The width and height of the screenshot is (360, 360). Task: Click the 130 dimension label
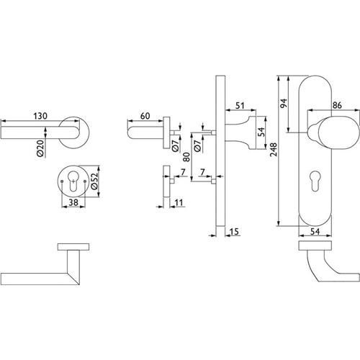click(x=40, y=116)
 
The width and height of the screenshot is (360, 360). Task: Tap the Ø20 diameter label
click(x=40, y=148)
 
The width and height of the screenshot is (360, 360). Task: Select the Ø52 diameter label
click(x=94, y=181)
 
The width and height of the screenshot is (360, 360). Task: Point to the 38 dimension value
click(x=73, y=202)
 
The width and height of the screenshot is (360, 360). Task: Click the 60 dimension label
click(x=145, y=116)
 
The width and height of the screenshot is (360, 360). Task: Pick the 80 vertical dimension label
click(x=186, y=157)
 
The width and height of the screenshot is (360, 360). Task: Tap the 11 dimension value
click(x=179, y=203)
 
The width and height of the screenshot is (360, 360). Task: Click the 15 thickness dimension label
click(x=234, y=232)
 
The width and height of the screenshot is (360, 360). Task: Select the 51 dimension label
click(x=240, y=106)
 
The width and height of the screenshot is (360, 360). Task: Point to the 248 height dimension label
click(x=274, y=150)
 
